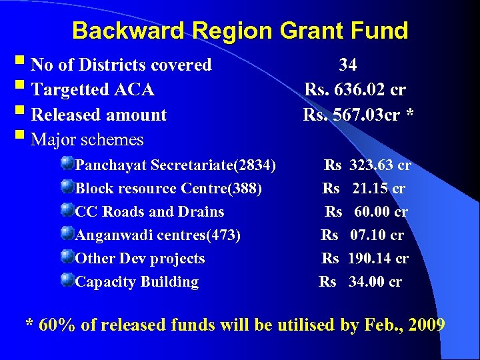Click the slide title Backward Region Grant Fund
[x=240, y=31]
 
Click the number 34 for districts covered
[x=347, y=65]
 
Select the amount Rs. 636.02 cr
[x=355, y=89]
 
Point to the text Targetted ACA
[x=93, y=89]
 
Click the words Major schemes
[x=87, y=140]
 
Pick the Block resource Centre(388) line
[x=169, y=189]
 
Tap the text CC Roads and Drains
[x=150, y=212]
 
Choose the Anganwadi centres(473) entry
[x=158, y=235]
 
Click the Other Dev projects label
[x=140, y=259]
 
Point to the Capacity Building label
[x=137, y=282]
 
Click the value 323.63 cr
[x=380, y=165]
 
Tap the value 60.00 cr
[x=381, y=212]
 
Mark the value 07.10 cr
[x=377, y=235]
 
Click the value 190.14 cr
[x=379, y=259]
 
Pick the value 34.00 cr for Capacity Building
[x=375, y=282]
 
